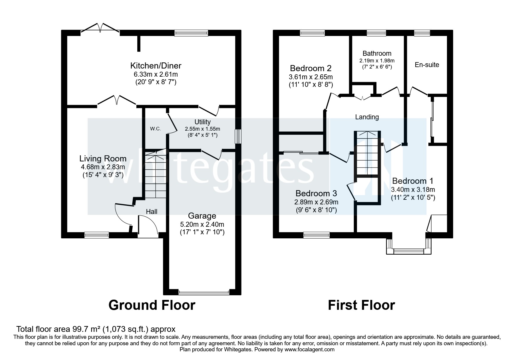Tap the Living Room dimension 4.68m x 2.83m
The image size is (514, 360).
[x=103, y=167]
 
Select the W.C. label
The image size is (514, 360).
[x=155, y=129]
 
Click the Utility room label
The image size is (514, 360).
[x=202, y=122]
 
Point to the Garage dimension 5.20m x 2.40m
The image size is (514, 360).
[x=202, y=224]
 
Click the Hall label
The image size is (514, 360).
[x=152, y=212]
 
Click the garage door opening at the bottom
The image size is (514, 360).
[x=204, y=292]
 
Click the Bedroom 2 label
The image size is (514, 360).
[x=311, y=69]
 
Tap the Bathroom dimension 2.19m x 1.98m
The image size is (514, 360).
[x=377, y=61]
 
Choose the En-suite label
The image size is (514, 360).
[x=427, y=65]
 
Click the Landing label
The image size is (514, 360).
[x=367, y=117]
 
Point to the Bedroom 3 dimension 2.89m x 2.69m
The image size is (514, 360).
[x=316, y=202]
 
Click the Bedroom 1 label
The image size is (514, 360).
[x=412, y=181]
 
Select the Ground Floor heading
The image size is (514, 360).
[x=152, y=305]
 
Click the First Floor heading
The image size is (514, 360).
[x=361, y=305]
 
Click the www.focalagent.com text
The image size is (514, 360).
[x=309, y=350]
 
